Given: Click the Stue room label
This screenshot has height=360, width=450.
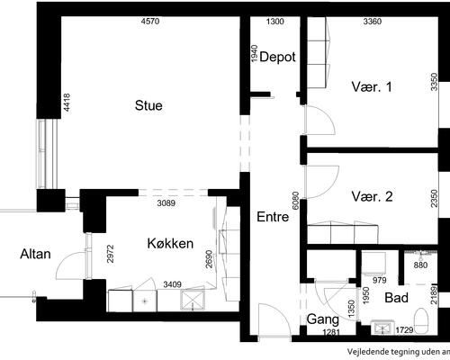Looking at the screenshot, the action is click(148, 105).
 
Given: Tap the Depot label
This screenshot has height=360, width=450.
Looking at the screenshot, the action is click(277, 57).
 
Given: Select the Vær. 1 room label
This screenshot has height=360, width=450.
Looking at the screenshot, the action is click(372, 87).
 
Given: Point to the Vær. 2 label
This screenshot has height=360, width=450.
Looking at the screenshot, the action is click(372, 197).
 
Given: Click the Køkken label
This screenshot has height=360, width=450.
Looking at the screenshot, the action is click(170, 244).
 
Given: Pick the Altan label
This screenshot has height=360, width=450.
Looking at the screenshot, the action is click(35, 255).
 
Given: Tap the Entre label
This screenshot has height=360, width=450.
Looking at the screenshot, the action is click(273, 217).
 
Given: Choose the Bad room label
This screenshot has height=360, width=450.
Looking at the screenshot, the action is click(396, 298).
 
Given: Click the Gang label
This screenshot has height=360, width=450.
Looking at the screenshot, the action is click(323, 319).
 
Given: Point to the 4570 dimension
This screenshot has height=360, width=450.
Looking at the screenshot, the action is click(150, 22).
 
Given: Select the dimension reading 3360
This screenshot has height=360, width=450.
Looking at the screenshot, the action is click(373, 22).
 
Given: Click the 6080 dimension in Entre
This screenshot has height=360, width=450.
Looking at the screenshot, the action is click(295, 201).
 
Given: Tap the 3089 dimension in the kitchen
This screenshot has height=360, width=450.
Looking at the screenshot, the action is click(166, 203).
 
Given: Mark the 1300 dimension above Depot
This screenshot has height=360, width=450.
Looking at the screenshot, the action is click(275, 22).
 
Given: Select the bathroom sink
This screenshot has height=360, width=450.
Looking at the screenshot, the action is click(382, 328).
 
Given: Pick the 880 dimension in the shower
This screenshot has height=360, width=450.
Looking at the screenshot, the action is click(420, 265).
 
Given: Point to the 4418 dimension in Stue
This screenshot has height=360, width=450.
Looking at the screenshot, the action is click(67, 103).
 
